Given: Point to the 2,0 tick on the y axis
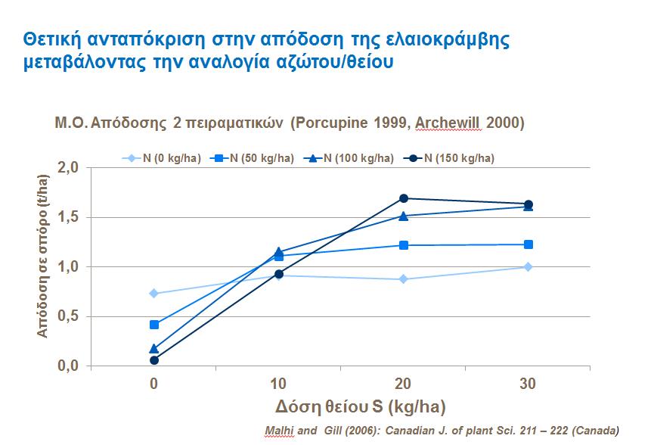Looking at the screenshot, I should (x=69, y=168).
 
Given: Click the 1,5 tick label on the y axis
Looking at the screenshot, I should (x=69, y=218).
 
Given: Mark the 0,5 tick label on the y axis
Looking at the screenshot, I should (x=69, y=317).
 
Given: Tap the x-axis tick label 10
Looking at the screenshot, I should (x=279, y=384).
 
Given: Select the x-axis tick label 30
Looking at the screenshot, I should (x=528, y=384).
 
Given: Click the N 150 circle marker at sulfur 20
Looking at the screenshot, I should (x=404, y=198).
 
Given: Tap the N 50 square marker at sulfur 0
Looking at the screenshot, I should (x=154, y=325).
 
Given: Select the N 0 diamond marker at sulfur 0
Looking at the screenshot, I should (x=154, y=294).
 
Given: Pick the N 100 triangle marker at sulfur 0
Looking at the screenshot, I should (x=154, y=349).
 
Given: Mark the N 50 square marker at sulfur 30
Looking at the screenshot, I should (x=528, y=244).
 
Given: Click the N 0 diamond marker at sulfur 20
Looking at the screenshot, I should (x=404, y=279).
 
